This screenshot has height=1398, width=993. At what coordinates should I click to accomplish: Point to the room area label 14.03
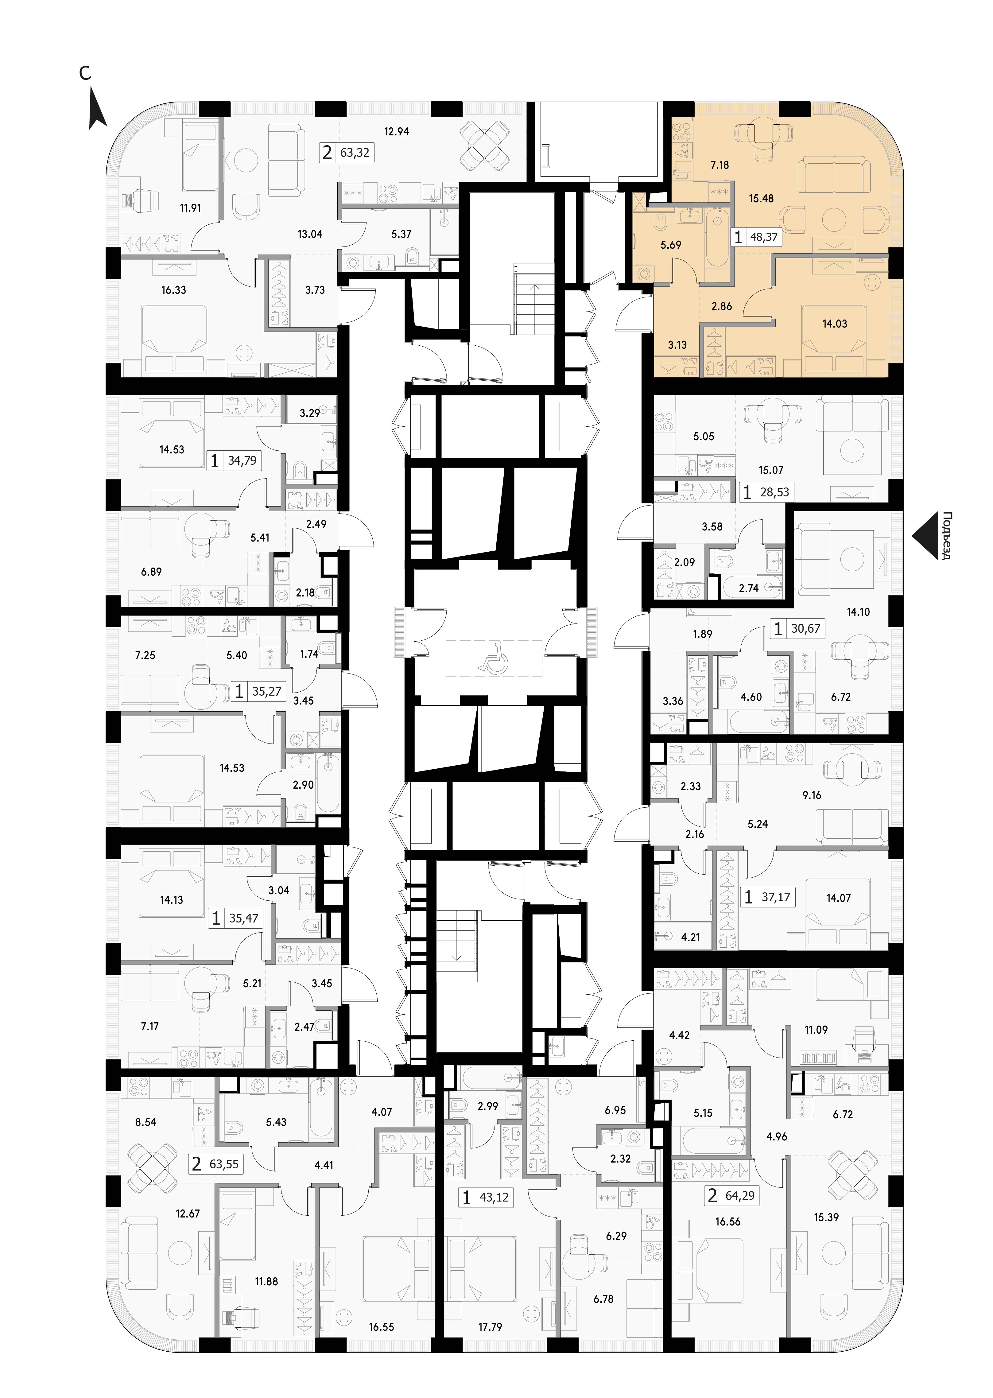[x=835, y=324]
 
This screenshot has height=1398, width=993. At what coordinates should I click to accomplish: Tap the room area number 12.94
[x=396, y=131]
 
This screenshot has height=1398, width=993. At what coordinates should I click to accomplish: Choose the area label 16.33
[x=174, y=290]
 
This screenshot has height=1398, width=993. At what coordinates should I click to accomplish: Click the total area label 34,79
[x=242, y=460]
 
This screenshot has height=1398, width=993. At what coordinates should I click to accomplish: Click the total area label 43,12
[x=494, y=1198]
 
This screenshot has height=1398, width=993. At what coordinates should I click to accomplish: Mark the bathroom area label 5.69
[x=671, y=245]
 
